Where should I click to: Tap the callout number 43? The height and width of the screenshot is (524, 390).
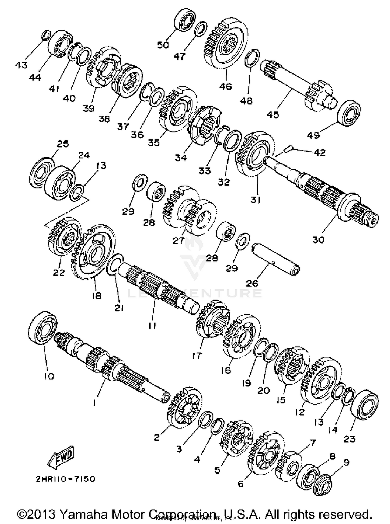coord(21,65)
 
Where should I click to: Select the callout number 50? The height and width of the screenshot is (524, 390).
coord(163,45)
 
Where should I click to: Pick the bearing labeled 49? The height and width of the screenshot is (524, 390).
coord(349,113)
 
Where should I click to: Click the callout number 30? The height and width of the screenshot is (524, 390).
coord(318,240)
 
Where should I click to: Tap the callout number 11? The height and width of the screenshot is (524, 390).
coord(152,325)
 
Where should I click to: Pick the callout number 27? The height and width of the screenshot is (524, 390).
coord(178,241)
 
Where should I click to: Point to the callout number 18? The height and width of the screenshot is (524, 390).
coord(97,296)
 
